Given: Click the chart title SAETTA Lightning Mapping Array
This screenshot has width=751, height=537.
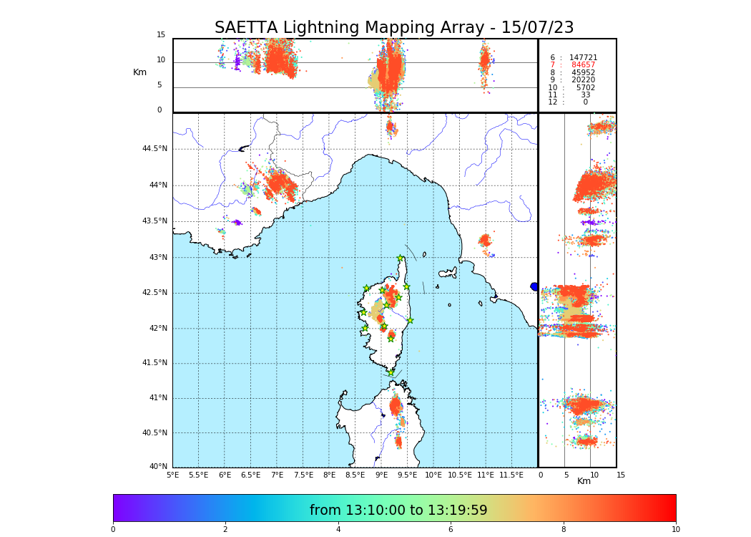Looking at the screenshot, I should click(x=394, y=28).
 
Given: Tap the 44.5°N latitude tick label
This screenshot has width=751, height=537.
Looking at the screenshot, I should click(x=154, y=149).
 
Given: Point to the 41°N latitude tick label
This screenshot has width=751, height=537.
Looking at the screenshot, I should click(x=157, y=398).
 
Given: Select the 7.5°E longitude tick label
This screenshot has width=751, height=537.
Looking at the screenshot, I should click(x=303, y=475).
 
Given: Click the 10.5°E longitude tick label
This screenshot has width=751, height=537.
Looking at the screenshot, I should click(x=460, y=475).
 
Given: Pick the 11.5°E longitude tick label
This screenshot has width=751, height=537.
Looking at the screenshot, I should click(x=512, y=475).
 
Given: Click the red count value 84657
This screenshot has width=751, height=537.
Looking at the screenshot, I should click(x=583, y=65).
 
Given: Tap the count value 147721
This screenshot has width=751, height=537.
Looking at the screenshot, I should click(x=583, y=58).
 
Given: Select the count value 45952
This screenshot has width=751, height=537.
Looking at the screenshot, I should click(x=583, y=73).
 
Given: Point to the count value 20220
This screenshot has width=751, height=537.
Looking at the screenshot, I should click(x=583, y=80).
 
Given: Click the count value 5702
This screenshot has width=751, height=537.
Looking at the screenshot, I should click(x=585, y=88).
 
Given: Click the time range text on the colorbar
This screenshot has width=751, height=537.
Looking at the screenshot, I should click(x=398, y=511).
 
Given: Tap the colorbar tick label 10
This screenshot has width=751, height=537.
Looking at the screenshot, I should click(x=675, y=529).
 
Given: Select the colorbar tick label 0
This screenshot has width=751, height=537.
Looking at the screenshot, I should click(x=113, y=529).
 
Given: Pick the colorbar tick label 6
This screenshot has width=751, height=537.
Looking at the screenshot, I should click(x=451, y=529).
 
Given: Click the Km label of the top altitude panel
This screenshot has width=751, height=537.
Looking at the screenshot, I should click(x=139, y=72).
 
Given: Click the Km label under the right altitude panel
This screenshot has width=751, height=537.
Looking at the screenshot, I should click(x=584, y=481).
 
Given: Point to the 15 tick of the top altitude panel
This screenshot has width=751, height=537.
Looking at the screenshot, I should click(x=161, y=35).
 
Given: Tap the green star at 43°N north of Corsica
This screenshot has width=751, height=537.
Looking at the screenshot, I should click(x=401, y=258).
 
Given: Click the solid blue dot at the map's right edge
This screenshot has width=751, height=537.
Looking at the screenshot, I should click(x=534, y=286).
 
